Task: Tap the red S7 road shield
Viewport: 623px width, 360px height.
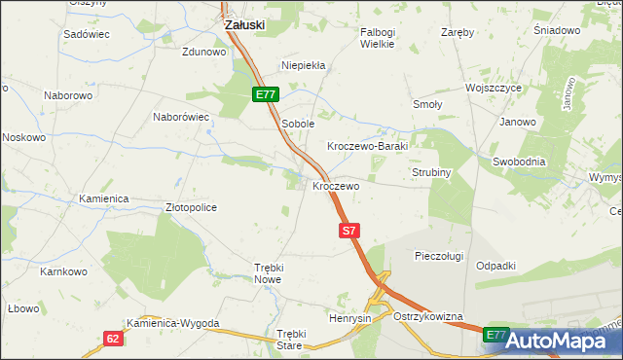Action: point(350,231)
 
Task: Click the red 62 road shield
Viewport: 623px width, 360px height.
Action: point(115,338)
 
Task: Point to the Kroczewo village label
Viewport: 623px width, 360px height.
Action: point(336,185)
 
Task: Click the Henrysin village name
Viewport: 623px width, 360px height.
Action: point(350,319)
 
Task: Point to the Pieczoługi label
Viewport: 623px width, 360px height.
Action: point(442,256)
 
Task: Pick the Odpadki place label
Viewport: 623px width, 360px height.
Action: point(495,266)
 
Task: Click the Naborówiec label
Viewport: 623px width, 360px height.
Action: point(181,117)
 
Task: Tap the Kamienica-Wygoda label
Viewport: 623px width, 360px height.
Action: point(173,323)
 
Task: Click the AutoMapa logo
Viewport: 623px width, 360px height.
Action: point(559,341)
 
